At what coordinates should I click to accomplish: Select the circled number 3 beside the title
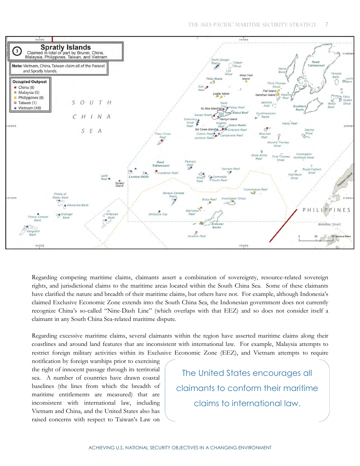(x=17, y=51)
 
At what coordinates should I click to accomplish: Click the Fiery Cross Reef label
(x=163, y=135)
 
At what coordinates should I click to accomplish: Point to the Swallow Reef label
(x=197, y=236)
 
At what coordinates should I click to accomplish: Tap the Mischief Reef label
(x=265, y=135)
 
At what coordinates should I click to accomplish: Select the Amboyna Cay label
(x=158, y=214)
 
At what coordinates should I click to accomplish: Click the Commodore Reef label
(x=255, y=189)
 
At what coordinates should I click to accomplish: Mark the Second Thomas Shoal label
(x=278, y=144)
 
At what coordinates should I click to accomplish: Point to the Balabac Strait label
(x=329, y=224)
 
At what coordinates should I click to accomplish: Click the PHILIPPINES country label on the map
(x=326, y=210)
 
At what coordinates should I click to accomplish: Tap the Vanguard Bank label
(x=33, y=233)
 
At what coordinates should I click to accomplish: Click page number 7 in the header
(x=326, y=25)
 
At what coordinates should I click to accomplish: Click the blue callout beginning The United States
(x=247, y=388)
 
